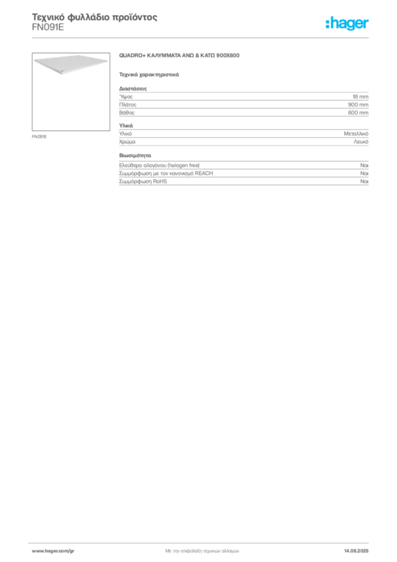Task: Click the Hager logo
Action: coord(347,24)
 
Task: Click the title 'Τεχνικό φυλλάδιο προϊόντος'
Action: coord(94,17)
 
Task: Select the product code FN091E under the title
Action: coord(48,27)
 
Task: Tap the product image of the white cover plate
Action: coord(71,92)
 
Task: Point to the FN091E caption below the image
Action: coord(39,137)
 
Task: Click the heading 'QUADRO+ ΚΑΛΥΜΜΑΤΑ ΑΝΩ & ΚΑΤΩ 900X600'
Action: coord(179,55)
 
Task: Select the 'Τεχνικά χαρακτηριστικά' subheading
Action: coord(149,75)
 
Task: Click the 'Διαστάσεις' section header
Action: coord(133,88)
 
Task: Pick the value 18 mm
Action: coord(360,97)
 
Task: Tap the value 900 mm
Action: coord(358,105)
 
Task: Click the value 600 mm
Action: coord(358,113)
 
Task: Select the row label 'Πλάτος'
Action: coord(128,105)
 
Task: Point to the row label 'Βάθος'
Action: coord(127,113)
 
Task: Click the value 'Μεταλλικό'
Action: coord(356,134)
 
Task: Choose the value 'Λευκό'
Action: coord(361,142)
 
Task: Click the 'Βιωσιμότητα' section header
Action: coord(135,155)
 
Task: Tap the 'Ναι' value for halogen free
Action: coord(365,165)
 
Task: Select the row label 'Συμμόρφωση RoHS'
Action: coord(143,181)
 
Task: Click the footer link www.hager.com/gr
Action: coord(53,551)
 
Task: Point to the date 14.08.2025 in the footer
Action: coord(356,551)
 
